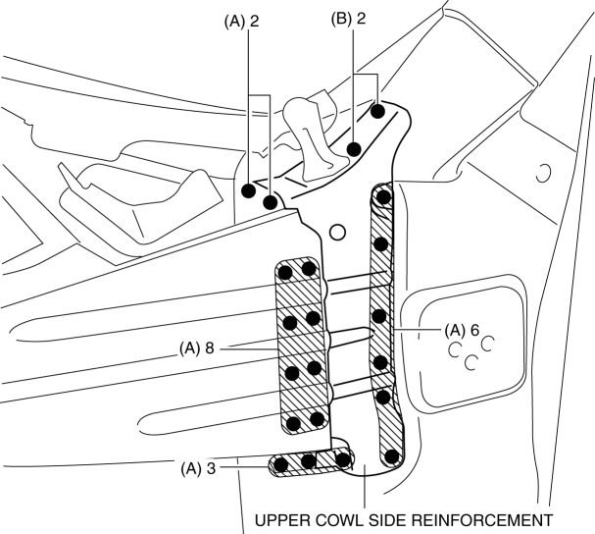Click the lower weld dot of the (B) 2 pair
[355, 149]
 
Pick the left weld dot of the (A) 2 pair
[249, 189]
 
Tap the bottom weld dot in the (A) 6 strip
[391, 455]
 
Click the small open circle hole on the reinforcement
[337, 232]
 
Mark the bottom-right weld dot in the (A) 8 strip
[317, 420]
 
